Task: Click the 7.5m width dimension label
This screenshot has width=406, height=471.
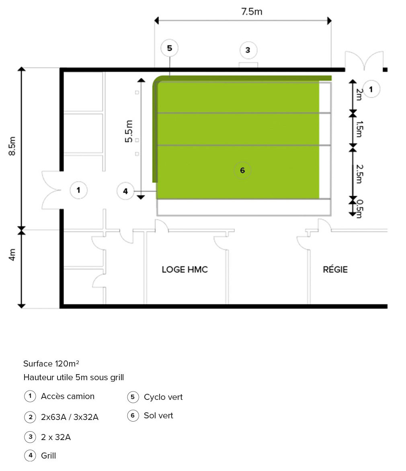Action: point(252,11)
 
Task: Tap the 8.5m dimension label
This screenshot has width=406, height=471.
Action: point(12,146)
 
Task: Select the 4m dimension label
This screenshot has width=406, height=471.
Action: point(12,255)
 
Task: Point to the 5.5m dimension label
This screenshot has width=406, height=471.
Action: point(129,131)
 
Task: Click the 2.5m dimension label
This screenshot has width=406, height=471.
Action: point(359,174)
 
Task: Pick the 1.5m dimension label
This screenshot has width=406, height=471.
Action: point(359,129)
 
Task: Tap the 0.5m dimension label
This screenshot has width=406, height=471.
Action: point(359,209)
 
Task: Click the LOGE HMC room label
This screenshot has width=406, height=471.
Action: point(185,269)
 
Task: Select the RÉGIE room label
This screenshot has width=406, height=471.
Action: point(335,269)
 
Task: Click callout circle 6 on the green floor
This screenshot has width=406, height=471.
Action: point(242,170)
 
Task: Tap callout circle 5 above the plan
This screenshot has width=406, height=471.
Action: point(170,48)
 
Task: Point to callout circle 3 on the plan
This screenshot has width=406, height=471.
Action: point(248,50)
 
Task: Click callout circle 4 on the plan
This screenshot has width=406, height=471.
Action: point(125,191)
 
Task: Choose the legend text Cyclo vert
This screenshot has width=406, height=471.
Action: point(163,397)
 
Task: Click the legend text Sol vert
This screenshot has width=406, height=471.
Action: point(158,416)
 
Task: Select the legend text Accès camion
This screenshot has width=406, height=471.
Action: point(68,396)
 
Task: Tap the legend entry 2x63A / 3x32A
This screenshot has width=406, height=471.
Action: point(70,417)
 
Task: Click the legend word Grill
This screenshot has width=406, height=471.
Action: point(48,456)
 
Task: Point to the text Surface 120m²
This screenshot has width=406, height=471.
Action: point(51,363)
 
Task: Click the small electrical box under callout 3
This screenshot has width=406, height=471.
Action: point(248,65)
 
